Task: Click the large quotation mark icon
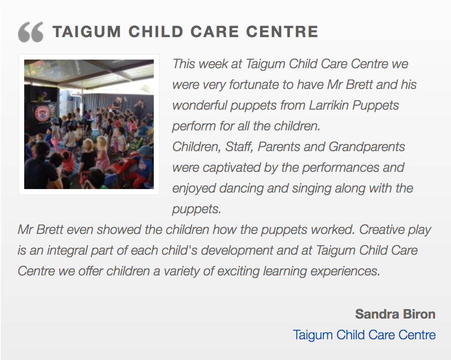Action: click(31, 32)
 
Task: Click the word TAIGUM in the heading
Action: click(87, 32)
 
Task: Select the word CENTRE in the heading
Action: click(282, 32)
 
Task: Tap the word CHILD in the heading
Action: click(156, 32)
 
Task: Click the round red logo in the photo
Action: click(42, 113)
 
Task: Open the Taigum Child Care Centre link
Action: click(364, 335)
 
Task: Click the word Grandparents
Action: click(367, 147)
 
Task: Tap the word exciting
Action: click(238, 272)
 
